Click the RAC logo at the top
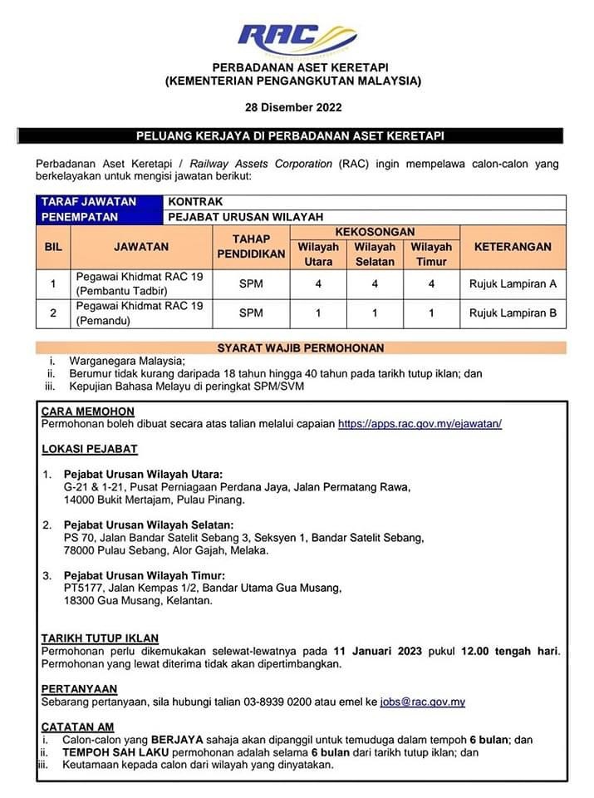[296, 37]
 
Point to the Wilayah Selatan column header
[375, 254]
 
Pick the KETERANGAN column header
[513, 247]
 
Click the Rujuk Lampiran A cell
[513, 284]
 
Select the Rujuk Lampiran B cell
[513, 313]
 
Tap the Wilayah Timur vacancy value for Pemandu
[431, 313]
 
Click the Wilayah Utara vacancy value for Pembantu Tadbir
[319, 284]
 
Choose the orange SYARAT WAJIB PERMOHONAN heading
[300, 348]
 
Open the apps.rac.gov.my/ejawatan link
[420, 424]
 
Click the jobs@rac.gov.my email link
[422, 702]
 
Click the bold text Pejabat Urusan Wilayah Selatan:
[149, 525]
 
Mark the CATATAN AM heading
[78, 727]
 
